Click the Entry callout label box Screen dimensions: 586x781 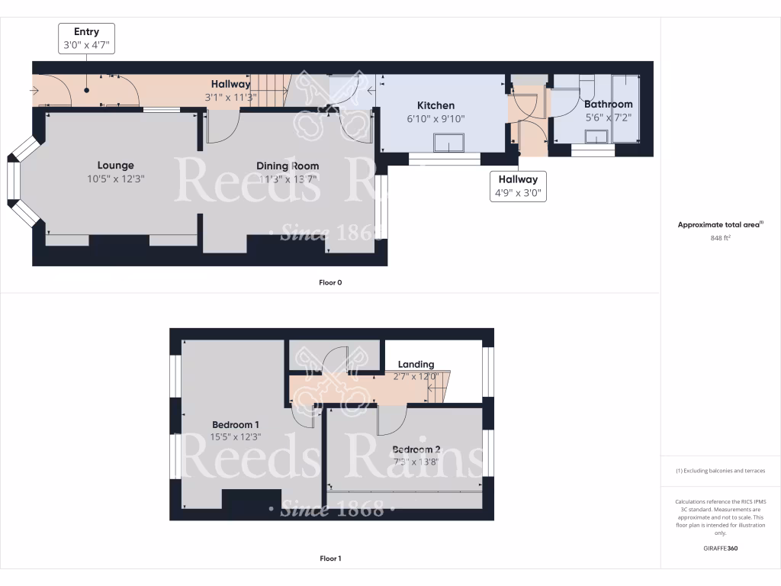pyautogui.click(x=86, y=38)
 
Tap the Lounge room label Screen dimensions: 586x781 pyautogui.click(x=115, y=166)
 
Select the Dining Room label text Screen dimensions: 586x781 pyautogui.click(x=288, y=166)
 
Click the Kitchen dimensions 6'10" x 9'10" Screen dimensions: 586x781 pyautogui.click(x=435, y=118)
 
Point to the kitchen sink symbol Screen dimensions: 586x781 pyautogui.click(x=448, y=142)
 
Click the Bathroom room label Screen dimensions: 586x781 pyautogui.click(x=608, y=105)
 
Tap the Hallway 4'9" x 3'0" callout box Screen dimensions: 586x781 pyautogui.click(x=518, y=185)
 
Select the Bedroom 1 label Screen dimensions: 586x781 pyautogui.click(x=236, y=425)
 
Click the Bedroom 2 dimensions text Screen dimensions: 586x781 pyautogui.click(x=416, y=462)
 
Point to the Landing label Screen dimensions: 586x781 pyautogui.click(x=416, y=365)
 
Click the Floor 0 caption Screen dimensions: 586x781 pyautogui.click(x=330, y=282)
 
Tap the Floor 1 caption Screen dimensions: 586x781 pyautogui.click(x=330, y=559)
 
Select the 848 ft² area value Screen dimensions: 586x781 pyautogui.click(x=720, y=238)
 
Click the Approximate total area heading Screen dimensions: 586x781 pyautogui.click(x=720, y=224)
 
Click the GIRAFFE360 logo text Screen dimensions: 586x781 pyautogui.click(x=721, y=548)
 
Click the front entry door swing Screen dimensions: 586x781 pyautogui.click(x=53, y=92)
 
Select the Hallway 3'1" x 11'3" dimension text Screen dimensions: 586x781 pyautogui.click(x=230, y=98)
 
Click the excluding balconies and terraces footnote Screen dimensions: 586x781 pyautogui.click(x=720, y=471)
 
